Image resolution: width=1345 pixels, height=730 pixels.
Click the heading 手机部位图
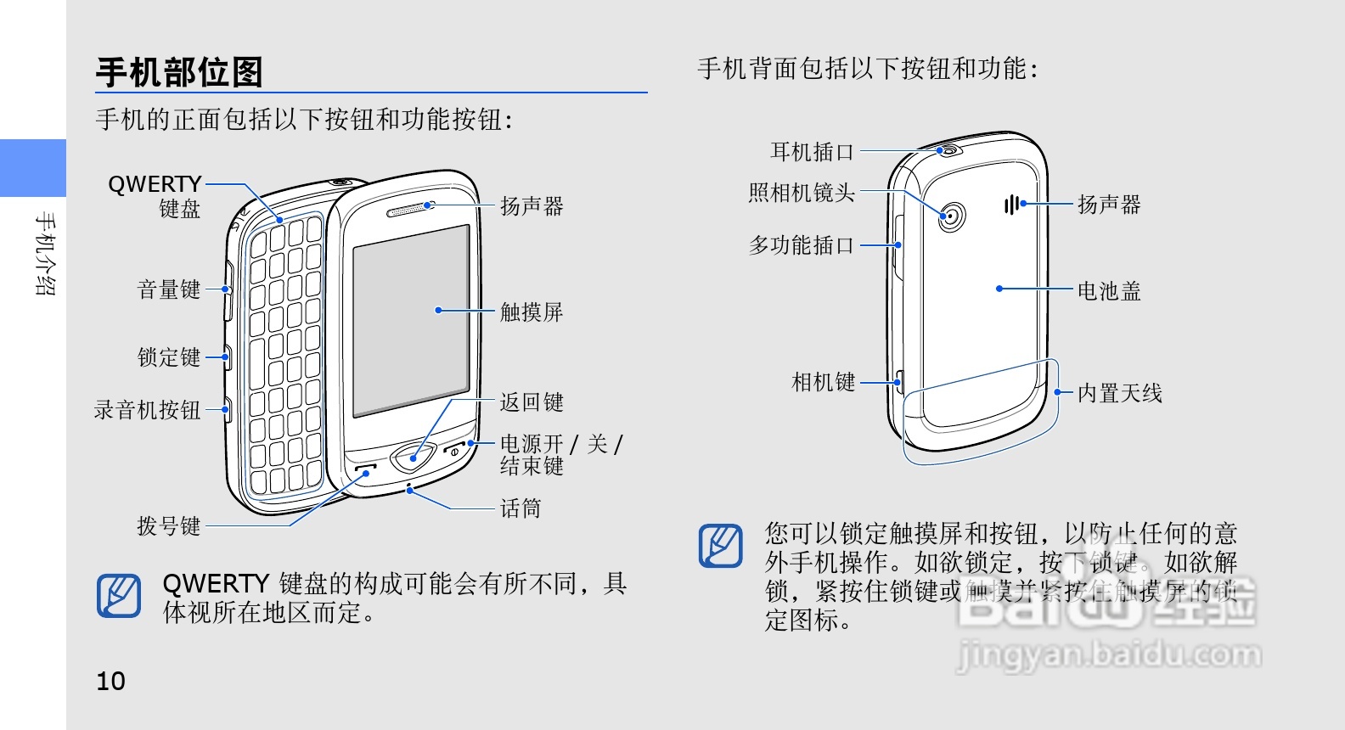179,72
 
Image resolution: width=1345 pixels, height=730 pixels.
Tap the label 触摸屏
532,312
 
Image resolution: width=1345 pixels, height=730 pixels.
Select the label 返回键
532,401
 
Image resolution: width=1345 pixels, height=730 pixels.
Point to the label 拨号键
169,525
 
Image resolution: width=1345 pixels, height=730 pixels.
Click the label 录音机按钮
147,410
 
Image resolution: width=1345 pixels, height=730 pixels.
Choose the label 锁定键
169,357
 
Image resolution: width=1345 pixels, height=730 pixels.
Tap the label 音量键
169,289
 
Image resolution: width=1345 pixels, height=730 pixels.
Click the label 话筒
520,508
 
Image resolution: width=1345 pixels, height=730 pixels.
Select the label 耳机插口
812,152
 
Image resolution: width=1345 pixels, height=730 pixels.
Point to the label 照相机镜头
802,193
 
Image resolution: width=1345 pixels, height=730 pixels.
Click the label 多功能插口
802,245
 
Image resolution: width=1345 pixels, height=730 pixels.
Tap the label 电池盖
1109,290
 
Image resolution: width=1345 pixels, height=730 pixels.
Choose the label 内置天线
1119,392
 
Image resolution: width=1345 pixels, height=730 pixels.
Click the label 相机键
823,382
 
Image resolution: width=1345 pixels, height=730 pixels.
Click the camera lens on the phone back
953,216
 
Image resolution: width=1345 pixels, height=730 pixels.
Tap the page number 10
110,681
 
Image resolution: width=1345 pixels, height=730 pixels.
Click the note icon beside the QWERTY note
119,596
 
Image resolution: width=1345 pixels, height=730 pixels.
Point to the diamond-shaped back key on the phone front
413,458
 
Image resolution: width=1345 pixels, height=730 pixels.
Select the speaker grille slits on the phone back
1010,205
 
